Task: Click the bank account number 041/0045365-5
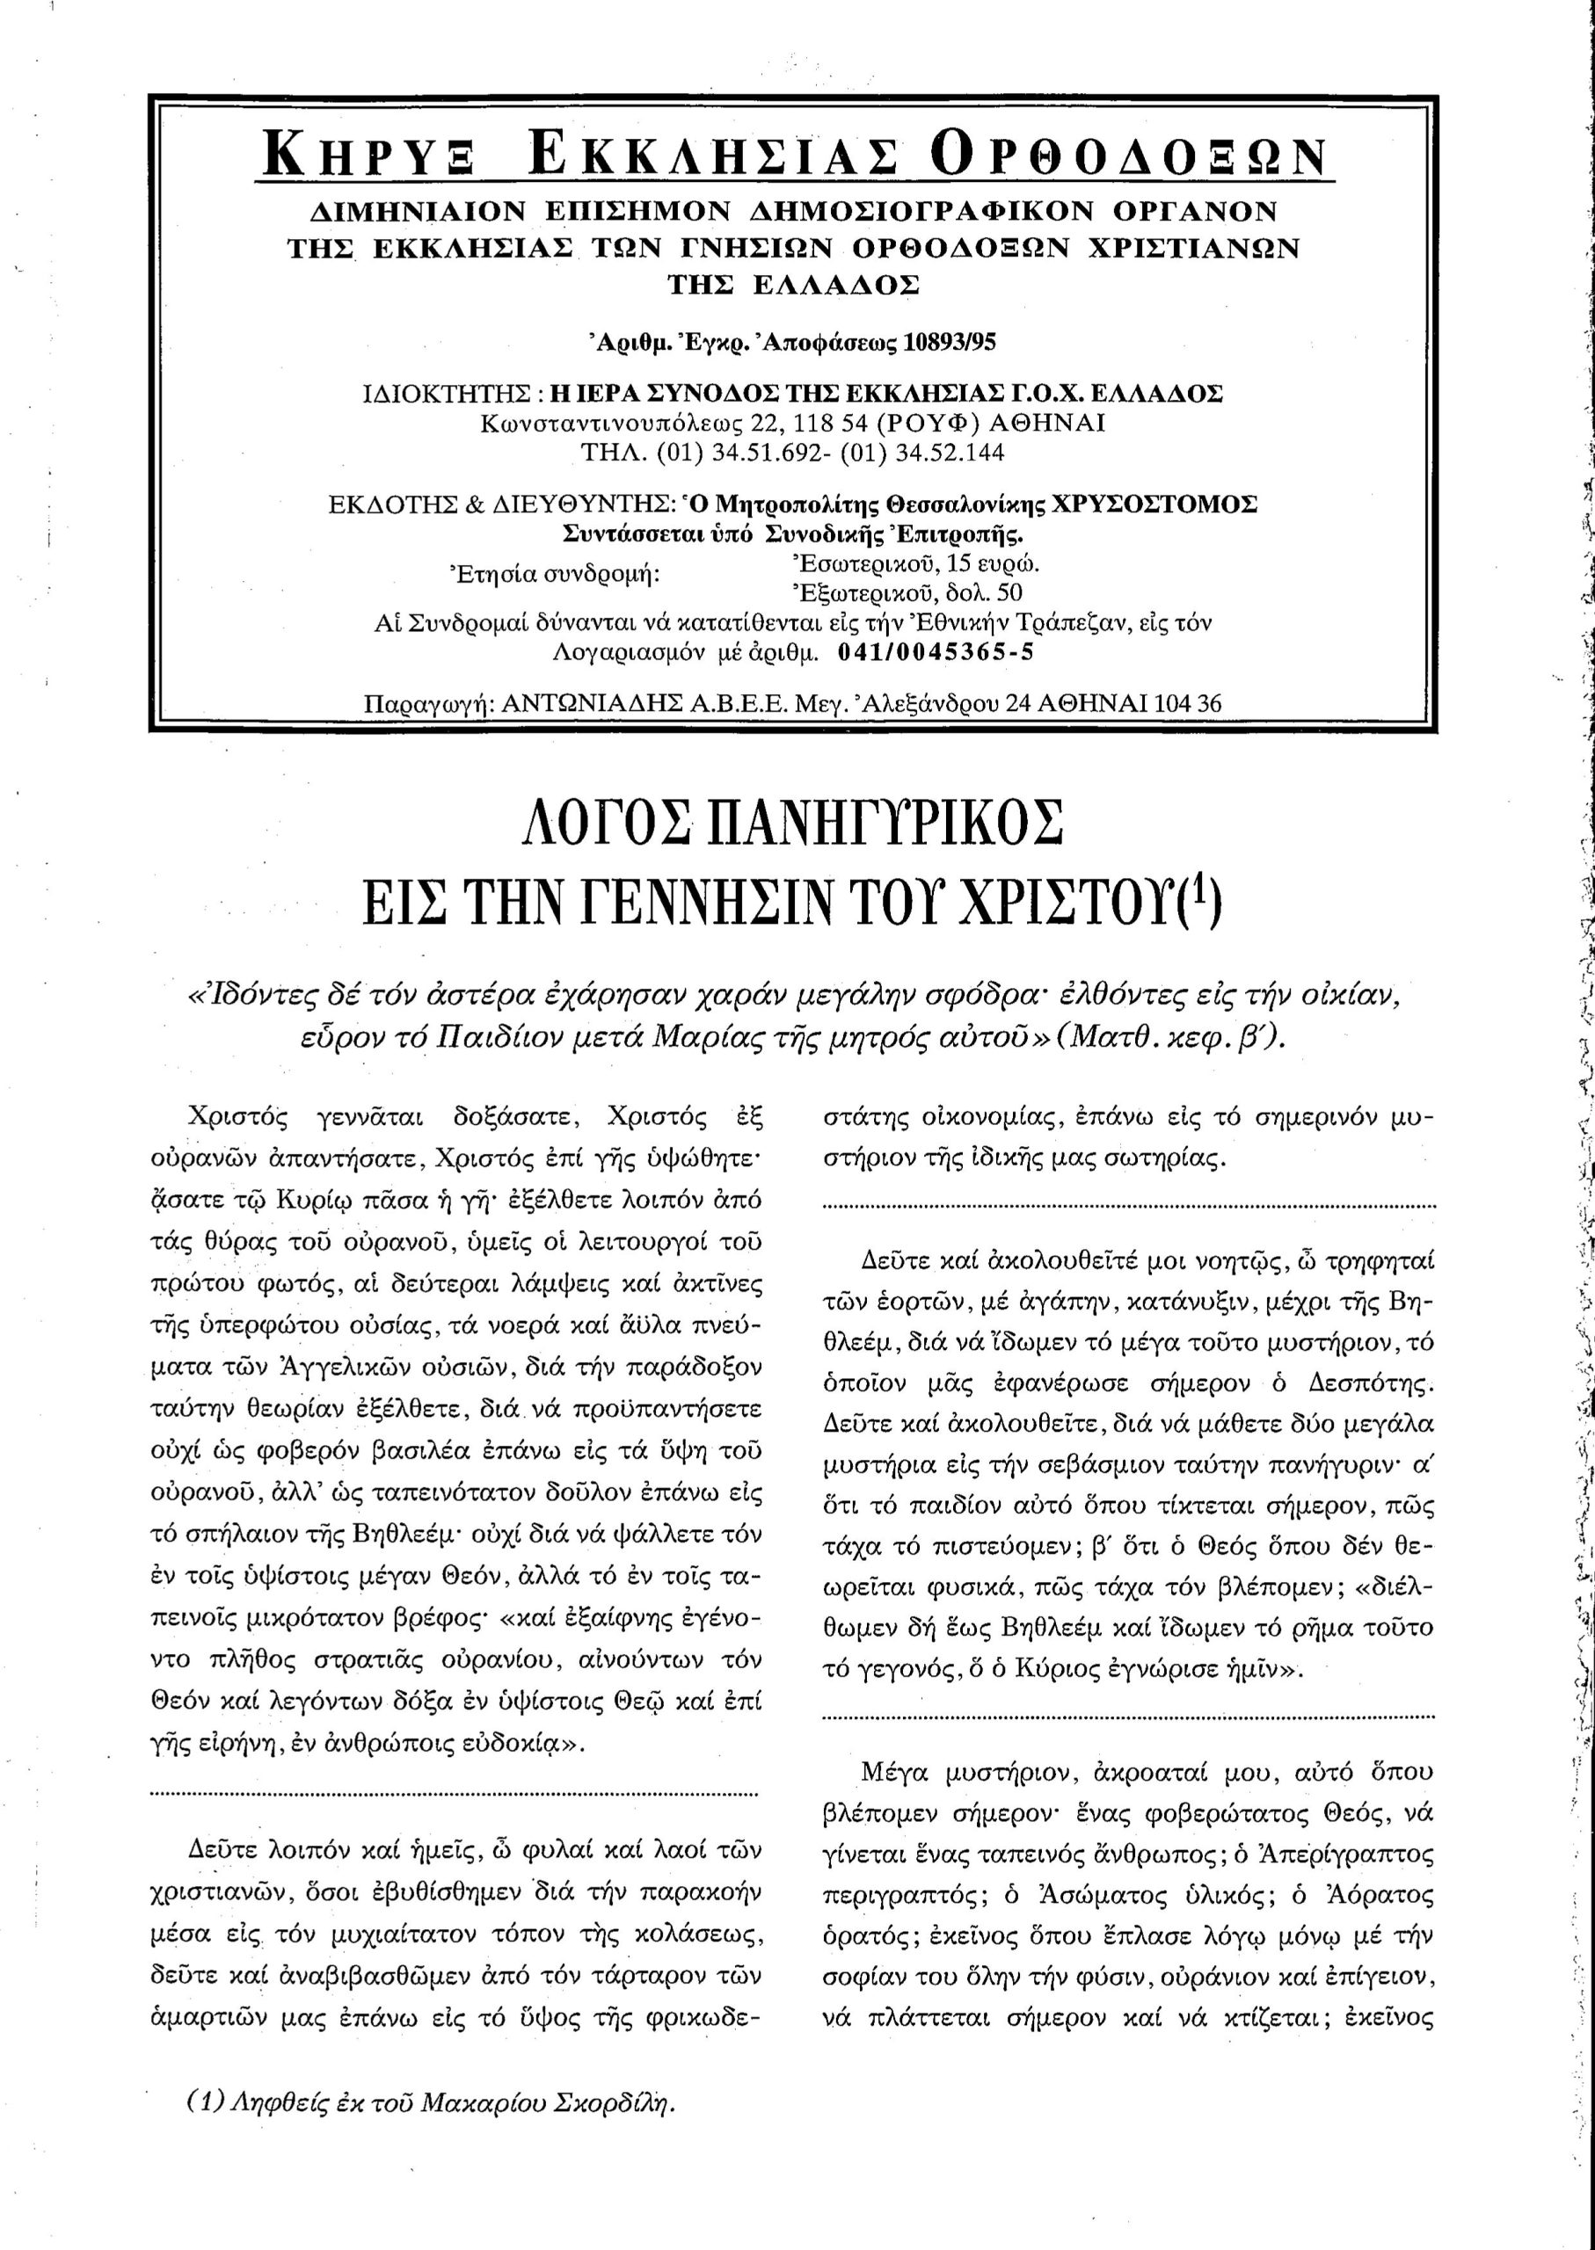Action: [x=936, y=652]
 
